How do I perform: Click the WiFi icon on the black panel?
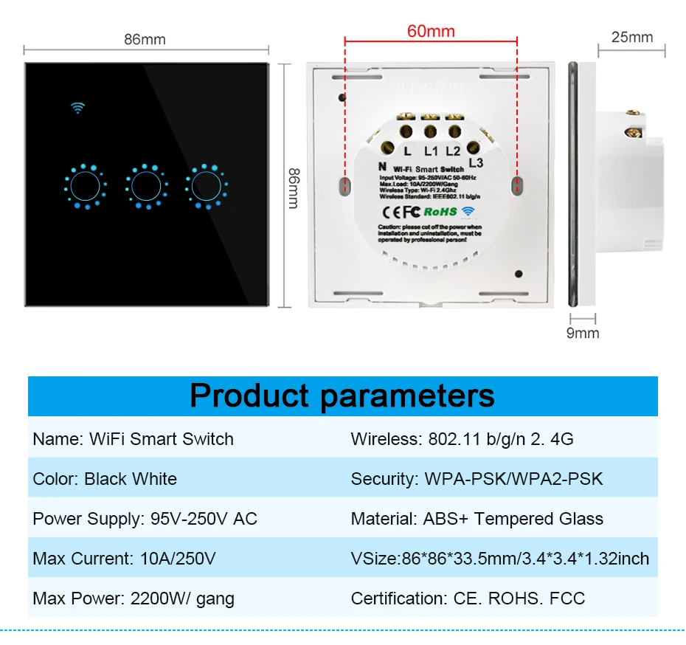77,107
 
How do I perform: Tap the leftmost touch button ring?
86,185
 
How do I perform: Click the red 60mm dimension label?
431,32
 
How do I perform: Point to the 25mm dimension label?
631,37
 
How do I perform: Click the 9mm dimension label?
582,334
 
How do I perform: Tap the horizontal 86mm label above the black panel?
145,39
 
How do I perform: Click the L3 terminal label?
476,162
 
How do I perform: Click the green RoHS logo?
441,212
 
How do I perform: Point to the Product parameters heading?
342,396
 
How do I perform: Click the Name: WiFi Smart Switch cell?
134,439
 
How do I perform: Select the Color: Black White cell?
105,479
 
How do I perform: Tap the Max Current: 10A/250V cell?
124,559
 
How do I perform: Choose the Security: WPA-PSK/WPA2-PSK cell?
477,479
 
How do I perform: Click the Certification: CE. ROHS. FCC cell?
468,599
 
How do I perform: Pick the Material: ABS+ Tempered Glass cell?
477,519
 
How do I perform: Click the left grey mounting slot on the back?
344,186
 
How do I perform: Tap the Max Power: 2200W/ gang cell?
134,599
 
